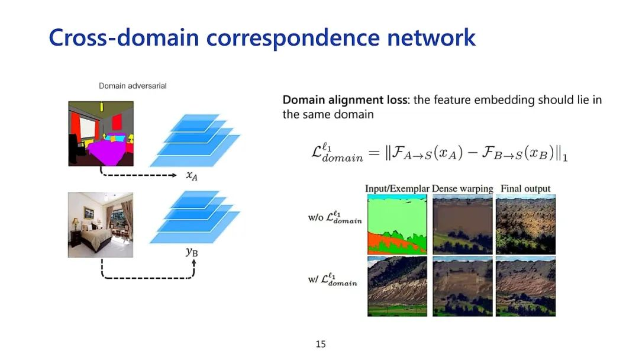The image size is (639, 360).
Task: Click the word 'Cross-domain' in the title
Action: click(x=124, y=37)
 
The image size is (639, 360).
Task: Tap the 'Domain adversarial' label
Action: click(x=133, y=86)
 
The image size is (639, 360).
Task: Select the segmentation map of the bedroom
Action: click(x=101, y=134)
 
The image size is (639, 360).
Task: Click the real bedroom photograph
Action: click(x=101, y=224)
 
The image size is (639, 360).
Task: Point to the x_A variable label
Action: click(x=191, y=176)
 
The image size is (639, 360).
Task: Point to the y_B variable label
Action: click(x=192, y=252)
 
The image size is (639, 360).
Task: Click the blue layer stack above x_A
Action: click(x=195, y=142)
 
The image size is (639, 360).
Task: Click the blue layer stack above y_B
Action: click(x=195, y=217)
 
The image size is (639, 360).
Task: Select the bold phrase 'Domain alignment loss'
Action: click(x=344, y=100)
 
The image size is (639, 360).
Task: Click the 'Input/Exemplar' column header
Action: click(x=397, y=189)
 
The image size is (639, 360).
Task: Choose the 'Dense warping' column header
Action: click(x=462, y=189)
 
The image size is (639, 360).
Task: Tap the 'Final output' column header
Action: click(x=525, y=189)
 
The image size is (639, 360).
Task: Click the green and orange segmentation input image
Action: click(x=397, y=224)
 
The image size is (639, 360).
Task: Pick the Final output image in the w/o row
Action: click(x=525, y=224)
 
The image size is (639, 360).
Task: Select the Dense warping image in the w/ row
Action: click(x=462, y=286)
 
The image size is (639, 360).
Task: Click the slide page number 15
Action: click(x=320, y=344)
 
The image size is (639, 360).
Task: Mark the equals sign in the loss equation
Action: click(x=373, y=154)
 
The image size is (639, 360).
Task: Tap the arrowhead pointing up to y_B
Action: click(x=193, y=263)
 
